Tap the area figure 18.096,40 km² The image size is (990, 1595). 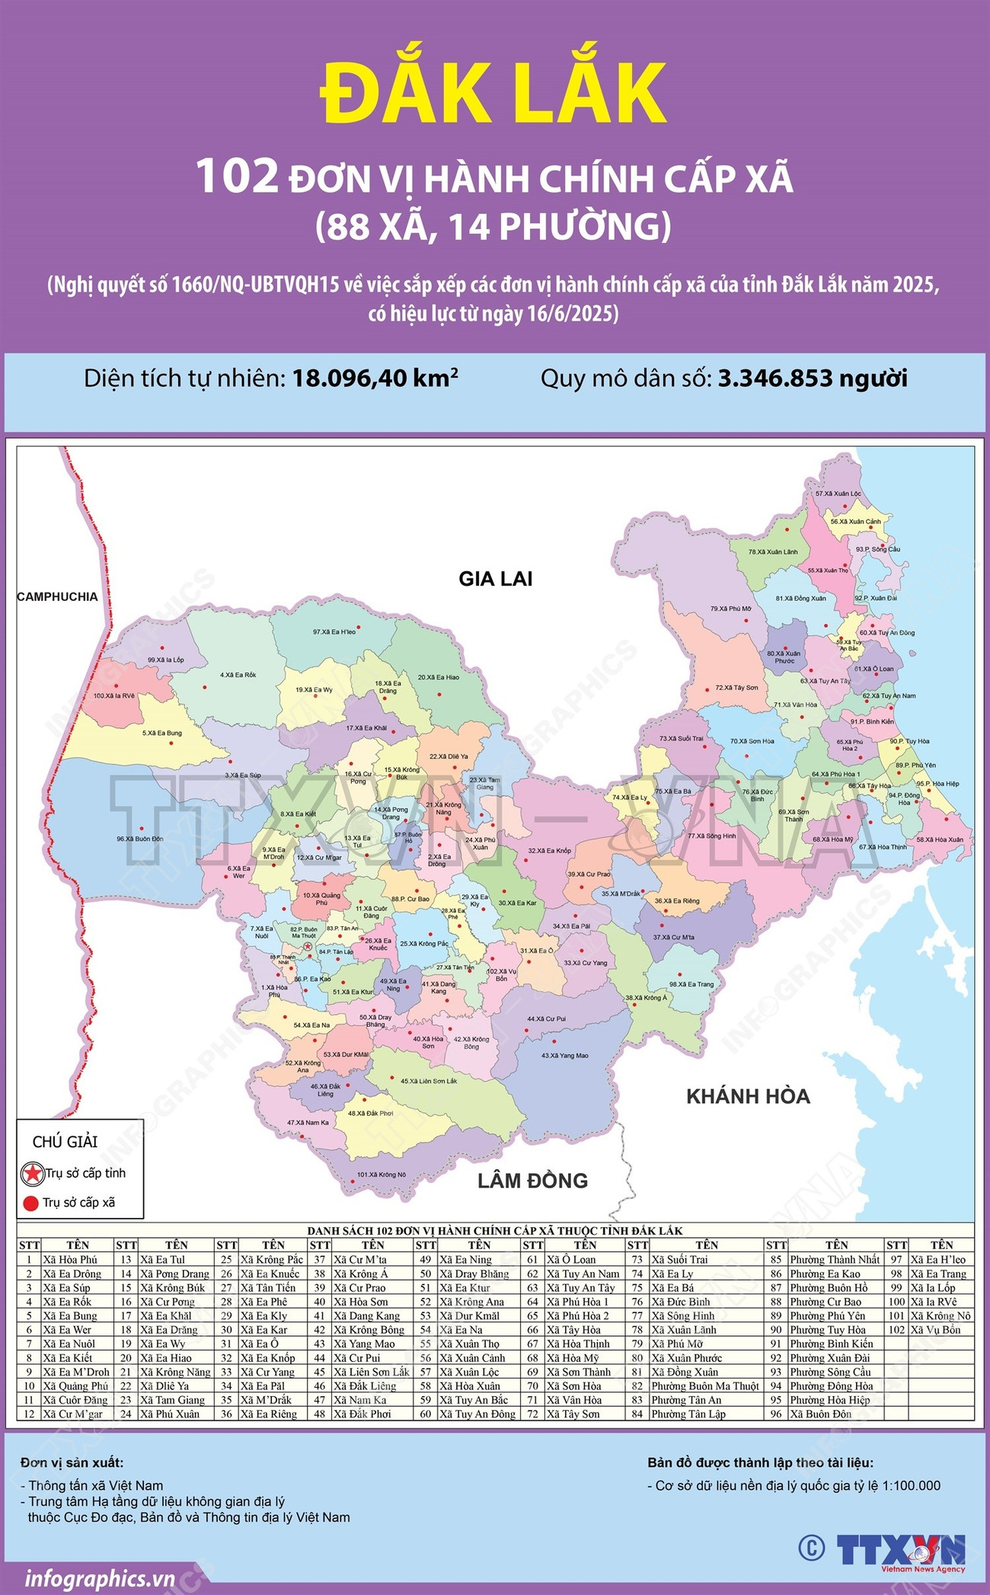coord(375,379)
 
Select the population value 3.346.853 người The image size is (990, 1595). coord(813,379)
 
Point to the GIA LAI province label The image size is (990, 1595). coord(495,579)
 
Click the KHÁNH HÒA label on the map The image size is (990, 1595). coord(748,1096)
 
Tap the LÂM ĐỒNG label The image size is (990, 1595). coord(532,1181)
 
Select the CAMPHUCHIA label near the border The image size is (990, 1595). coord(58,596)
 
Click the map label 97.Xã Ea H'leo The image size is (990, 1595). coord(334,631)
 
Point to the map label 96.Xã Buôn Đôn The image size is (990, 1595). coord(139,839)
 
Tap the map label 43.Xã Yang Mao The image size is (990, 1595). coord(564,1056)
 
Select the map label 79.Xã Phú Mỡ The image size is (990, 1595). coord(730,609)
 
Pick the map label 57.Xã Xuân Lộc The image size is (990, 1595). coord(838,494)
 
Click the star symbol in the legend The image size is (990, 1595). coord(32,1173)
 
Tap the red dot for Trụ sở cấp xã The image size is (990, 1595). coord(30,1203)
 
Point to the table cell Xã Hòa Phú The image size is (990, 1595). coord(70,1259)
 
